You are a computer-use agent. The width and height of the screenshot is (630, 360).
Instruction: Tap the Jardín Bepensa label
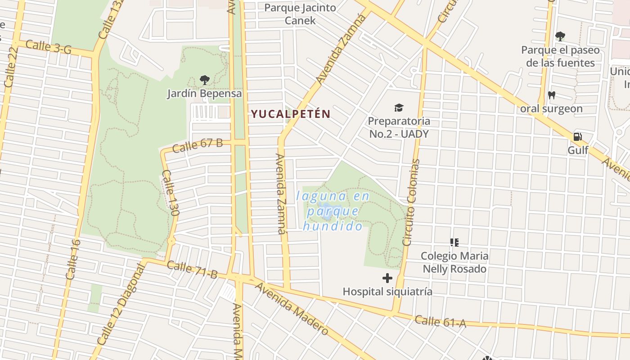point(205,94)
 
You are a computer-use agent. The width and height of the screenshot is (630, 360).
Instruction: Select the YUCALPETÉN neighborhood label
point(291,114)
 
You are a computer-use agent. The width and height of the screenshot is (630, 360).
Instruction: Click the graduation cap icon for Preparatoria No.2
point(399,108)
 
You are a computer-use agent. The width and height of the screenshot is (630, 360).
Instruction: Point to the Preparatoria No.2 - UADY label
point(399,127)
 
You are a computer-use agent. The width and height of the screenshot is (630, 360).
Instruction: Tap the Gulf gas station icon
point(577,137)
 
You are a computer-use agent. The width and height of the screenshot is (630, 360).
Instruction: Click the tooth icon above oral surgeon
point(551,95)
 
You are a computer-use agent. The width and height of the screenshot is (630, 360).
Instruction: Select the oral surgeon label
point(551,108)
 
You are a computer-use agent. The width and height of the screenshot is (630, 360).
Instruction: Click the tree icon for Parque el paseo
point(560,36)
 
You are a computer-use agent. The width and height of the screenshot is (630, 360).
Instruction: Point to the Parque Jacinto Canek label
point(300,14)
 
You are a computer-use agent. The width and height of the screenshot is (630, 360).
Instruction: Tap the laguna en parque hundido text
point(333,211)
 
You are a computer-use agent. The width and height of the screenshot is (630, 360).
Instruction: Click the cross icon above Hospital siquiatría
point(387,278)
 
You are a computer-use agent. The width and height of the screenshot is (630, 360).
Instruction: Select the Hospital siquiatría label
point(387,292)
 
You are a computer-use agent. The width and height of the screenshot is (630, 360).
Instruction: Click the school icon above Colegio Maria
point(454,243)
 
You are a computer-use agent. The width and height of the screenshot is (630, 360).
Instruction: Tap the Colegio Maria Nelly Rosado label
point(454,262)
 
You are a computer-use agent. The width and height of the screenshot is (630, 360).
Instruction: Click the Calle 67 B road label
point(198,145)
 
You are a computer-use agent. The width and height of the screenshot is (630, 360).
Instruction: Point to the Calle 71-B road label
point(192,268)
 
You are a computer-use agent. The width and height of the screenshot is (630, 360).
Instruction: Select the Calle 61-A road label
point(440,321)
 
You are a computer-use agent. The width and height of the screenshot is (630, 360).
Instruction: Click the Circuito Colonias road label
point(411,202)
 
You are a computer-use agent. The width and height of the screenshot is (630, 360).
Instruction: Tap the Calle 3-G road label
point(49,47)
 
